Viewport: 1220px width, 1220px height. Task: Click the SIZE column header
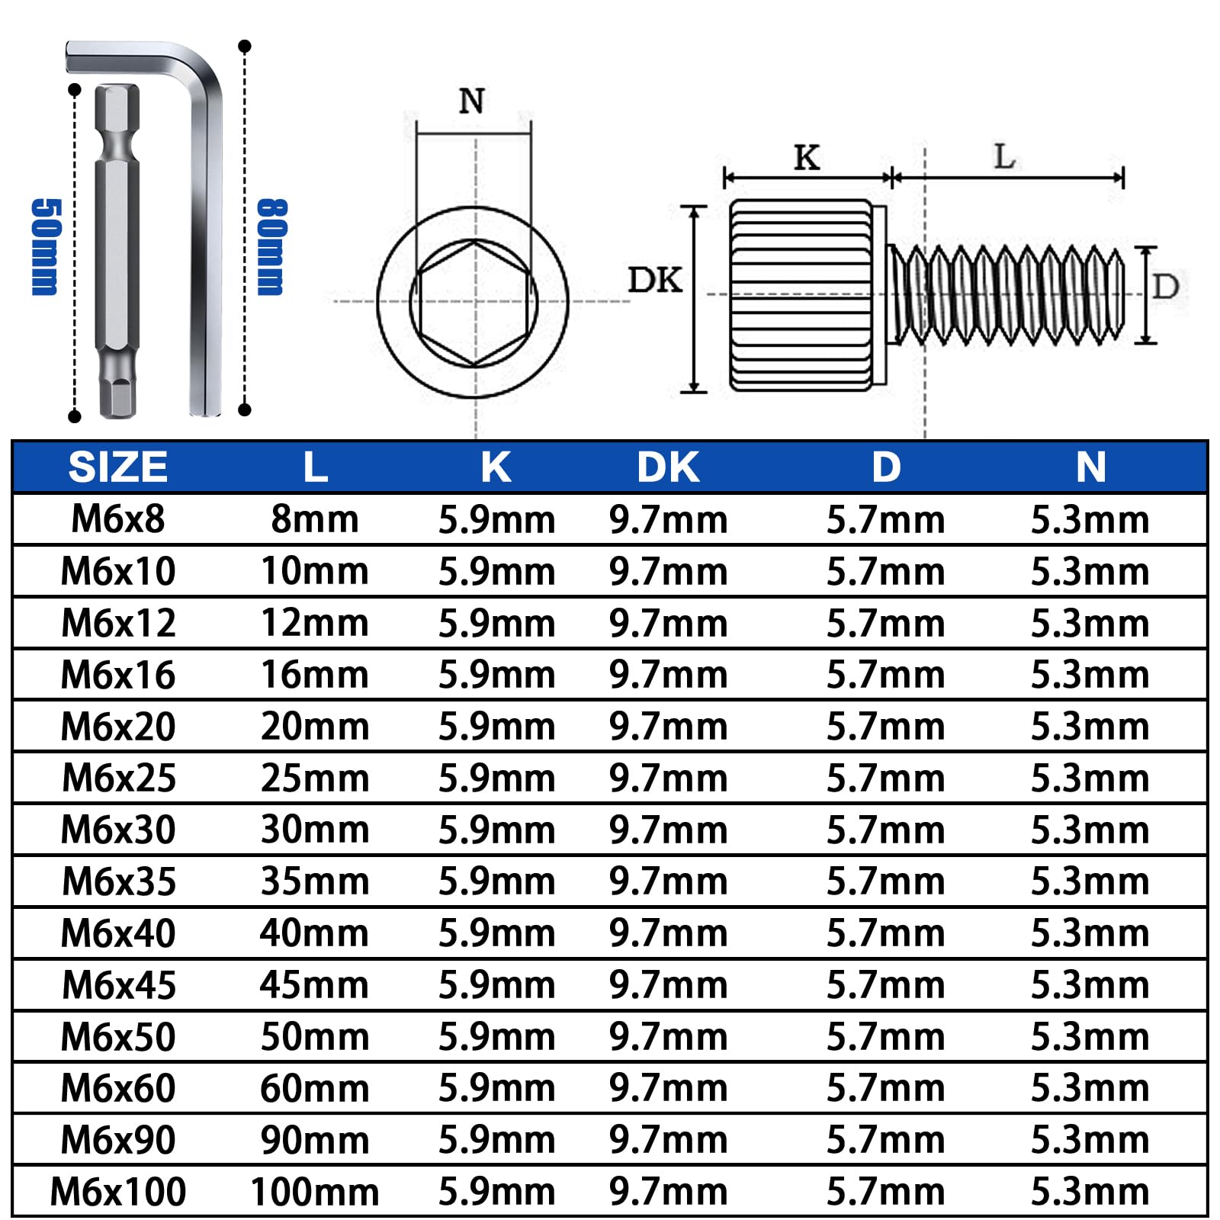[x=118, y=467]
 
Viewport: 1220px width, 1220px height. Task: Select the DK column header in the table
[x=668, y=467]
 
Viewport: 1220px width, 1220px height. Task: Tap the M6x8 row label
[x=118, y=519]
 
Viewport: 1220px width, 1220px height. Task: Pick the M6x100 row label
[x=118, y=1191]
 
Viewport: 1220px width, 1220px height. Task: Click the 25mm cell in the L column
[x=315, y=779]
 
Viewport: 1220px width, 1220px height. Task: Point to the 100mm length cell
[x=315, y=1191]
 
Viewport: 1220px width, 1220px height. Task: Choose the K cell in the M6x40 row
[x=496, y=933]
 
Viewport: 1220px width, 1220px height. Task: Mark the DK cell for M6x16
[x=668, y=675]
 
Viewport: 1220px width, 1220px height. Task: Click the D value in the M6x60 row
[x=886, y=1088]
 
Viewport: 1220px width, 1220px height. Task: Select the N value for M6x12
[x=1090, y=623]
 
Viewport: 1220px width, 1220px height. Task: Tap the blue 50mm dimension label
[x=45, y=246]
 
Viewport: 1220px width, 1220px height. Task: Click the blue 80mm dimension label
[x=271, y=246]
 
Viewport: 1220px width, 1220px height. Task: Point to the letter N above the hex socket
[x=472, y=101]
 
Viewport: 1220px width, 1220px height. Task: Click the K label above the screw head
[x=807, y=157]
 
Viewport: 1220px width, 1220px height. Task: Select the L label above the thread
[x=1005, y=157]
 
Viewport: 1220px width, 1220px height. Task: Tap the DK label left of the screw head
[x=655, y=280]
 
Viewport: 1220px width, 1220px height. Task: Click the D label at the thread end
[x=1166, y=287]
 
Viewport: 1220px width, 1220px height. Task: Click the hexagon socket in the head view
[x=474, y=303]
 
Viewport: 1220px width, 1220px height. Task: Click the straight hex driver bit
[x=117, y=252]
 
